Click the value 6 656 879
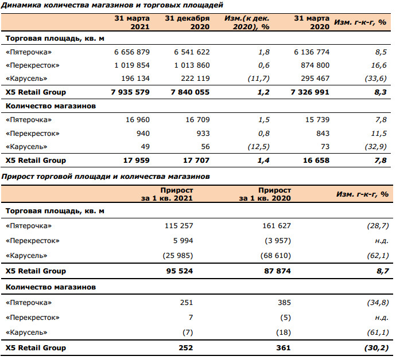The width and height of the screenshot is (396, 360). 132,52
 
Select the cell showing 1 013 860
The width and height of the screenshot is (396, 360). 192,65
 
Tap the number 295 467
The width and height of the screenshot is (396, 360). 315,79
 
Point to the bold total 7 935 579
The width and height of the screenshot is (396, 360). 130,92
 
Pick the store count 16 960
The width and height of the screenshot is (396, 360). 138,120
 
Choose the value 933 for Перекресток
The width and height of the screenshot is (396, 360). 203,134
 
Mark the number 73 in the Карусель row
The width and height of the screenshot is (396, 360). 325,147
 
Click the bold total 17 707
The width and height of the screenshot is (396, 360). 196,160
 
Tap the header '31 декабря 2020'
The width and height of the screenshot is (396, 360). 188,22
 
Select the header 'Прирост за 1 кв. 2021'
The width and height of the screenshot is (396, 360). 167,194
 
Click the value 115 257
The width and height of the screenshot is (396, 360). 179,225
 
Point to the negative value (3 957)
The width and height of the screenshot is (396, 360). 278,241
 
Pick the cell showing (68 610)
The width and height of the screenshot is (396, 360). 276,256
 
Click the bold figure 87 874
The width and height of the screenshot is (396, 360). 278,271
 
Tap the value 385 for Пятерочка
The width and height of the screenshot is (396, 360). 284,303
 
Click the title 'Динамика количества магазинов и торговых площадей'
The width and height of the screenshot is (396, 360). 112,5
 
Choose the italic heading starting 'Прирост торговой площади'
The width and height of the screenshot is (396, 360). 106,177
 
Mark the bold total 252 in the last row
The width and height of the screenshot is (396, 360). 186,348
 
